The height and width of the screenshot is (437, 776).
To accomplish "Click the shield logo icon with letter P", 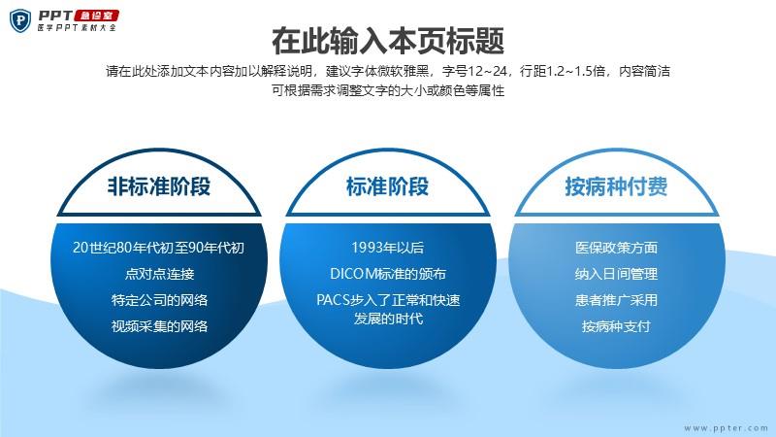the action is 20,20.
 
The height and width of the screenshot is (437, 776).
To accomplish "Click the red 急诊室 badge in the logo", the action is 96,16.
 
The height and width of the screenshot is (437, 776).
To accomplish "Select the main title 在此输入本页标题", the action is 388,41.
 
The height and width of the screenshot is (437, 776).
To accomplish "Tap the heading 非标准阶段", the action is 159,186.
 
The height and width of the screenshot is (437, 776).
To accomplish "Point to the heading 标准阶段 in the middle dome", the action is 387,186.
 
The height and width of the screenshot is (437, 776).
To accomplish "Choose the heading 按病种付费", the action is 616,186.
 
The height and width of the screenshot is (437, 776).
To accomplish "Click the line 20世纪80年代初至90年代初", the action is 158,248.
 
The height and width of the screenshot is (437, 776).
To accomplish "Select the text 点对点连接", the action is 159,274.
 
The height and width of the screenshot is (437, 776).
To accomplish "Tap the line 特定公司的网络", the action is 159,300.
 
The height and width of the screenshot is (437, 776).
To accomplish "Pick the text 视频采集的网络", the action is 159,326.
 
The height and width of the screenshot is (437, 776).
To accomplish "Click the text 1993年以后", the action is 387,248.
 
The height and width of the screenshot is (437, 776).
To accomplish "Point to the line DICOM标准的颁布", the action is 388,274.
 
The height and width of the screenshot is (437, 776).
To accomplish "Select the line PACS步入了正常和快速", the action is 388,300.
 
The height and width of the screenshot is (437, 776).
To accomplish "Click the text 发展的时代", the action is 388,319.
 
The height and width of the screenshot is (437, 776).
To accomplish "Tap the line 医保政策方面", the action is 616,248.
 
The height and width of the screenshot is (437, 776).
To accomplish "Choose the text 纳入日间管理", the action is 616,274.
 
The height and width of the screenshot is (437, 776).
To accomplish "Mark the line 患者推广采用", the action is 616,300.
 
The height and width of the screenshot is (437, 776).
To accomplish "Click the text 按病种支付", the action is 616,326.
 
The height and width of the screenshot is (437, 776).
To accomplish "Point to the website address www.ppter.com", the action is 726,428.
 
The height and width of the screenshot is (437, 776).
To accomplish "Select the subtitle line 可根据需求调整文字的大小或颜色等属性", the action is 388,90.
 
